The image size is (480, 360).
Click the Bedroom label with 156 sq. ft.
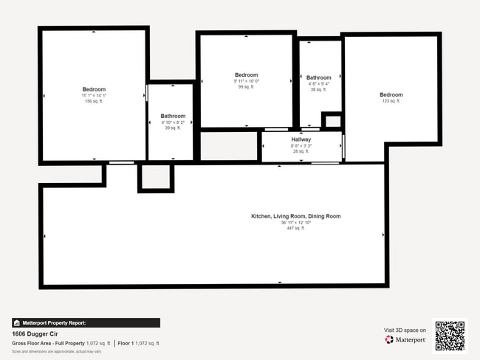pyautogui.click(x=94, y=89)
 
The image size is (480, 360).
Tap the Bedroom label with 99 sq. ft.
pyautogui.click(x=247, y=75)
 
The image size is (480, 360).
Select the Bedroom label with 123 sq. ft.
pyautogui.click(x=391, y=94)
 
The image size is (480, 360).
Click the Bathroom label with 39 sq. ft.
pyautogui.click(x=173, y=116)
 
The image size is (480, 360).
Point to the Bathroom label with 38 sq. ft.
pyautogui.click(x=319, y=77)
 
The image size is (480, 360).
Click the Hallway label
pyautogui.click(x=301, y=139)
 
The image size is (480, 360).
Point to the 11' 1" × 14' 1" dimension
pyautogui.click(x=94, y=96)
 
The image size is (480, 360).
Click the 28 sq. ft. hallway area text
pyautogui.click(x=301, y=151)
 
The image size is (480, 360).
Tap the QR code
pyautogui.click(x=450, y=336)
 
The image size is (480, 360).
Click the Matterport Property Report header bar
pyautogui.click(x=86, y=322)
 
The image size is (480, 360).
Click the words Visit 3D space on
pyautogui.click(x=405, y=330)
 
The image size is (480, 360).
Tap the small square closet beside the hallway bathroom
pyautogui.click(x=332, y=121)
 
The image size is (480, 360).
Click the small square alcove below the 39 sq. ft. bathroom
pyautogui.click(x=155, y=178)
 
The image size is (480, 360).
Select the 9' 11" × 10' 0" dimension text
pyautogui.click(x=247, y=81)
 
